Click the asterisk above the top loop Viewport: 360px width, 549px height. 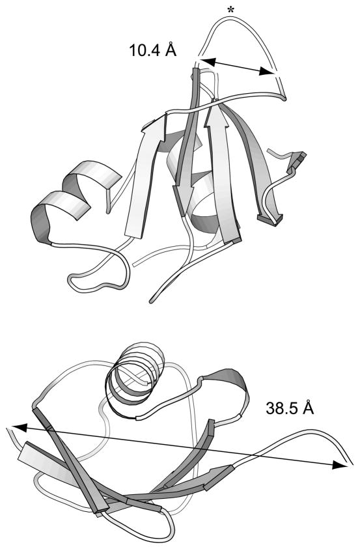pyautogui.click(x=230, y=10)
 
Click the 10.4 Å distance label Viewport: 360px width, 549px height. pyautogui.click(x=153, y=50)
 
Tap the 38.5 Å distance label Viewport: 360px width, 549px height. pyautogui.click(x=290, y=408)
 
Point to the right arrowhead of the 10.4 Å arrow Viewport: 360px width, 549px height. pyautogui.click(x=268, y=72)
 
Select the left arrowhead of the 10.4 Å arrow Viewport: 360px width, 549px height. pyautogui.click(x=208, y=62)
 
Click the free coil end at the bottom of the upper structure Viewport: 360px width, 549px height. pyautogui.click(x=152, y=300)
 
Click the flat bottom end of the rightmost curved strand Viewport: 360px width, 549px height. pyautogui.click(x=270, y=219)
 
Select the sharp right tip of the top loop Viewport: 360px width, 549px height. pyautogui.click(x=285, y=98)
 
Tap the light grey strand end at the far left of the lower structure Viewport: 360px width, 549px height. pyautogui.click(x=31, y=455)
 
